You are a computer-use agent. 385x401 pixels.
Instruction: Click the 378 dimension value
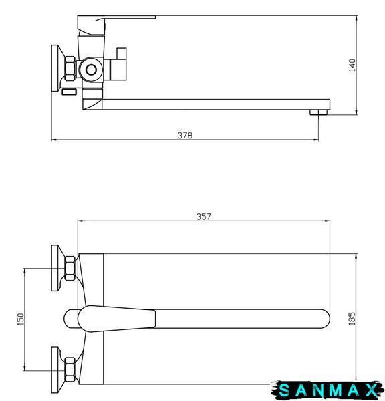(185, 135)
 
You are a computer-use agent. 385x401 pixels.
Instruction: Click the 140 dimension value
(352, 65)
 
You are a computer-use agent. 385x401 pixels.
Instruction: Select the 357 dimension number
(204, 217)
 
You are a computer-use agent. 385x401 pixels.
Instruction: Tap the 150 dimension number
(21, 319)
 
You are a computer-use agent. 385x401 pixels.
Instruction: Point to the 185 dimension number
(352, 319)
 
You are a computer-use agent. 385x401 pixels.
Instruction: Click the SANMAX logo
(328, 390)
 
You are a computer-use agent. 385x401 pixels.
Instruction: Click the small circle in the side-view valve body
(91, 70)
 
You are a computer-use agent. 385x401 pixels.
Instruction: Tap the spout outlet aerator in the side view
(319, 112)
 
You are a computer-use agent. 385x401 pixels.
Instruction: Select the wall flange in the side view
(55, 68)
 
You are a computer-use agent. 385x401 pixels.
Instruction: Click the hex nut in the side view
(70, 69)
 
